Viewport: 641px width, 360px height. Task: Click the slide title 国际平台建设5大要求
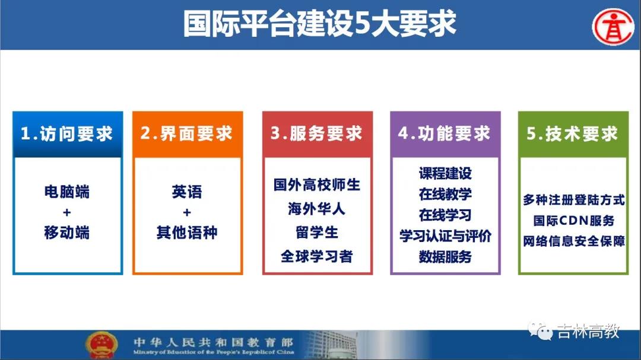(319, 24)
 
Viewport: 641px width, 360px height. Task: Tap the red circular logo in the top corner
(613, 27)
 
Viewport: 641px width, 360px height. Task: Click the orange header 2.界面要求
(187, 134)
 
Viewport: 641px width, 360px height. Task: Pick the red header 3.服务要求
(317, 134)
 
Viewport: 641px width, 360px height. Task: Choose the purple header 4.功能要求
(445, 134)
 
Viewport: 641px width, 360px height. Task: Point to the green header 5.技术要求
(573, 134)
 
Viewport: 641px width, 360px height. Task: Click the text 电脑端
(67, 192)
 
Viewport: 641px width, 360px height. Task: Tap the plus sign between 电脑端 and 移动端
(67, 212)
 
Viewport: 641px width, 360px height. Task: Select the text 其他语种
(187, 232)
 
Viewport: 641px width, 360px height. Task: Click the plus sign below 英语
(187, 212)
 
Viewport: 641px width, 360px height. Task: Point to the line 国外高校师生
(317, 184)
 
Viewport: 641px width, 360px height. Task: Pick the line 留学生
(317, 232)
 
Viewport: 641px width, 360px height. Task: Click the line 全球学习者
(317, 256)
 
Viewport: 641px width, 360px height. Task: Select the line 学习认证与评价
(445, 236)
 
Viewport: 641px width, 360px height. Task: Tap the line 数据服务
(445, 257)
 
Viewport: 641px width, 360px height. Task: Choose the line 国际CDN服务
(573, 221)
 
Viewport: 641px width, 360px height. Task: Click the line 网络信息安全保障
(573, 241)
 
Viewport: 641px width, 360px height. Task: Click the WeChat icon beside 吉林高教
(540, 331)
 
